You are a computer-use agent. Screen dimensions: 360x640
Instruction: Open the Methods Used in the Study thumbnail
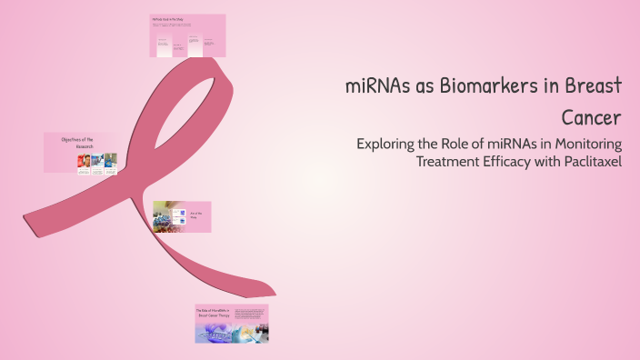tap(187, 36)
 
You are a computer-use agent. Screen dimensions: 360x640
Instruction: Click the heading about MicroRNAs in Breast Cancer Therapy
tap(211, 314)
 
